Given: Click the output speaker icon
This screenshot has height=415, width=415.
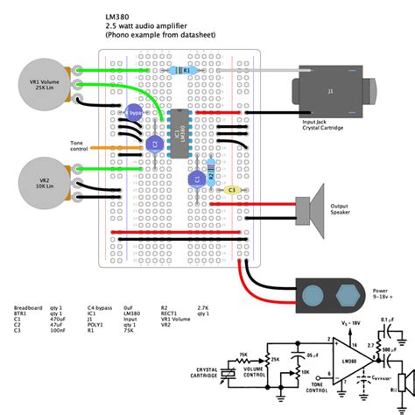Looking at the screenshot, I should [311, 206].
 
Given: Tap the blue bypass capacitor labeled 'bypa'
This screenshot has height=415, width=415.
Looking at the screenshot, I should [134, 113].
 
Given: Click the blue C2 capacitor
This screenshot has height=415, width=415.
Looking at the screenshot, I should [155, 143].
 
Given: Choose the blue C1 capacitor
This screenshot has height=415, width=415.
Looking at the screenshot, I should [196, 178].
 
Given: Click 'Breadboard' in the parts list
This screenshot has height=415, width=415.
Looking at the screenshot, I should [29, 309].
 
